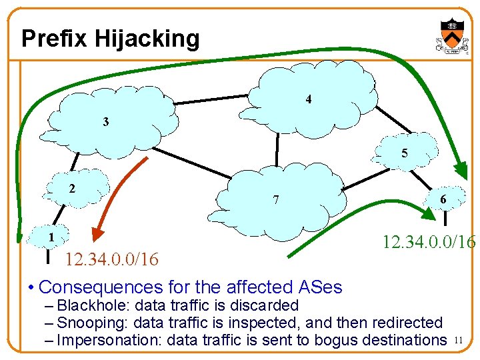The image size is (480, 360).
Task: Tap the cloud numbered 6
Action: [443, 199]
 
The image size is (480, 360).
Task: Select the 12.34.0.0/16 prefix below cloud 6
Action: [429, 241]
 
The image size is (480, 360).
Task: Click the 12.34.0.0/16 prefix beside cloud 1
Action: [111, 259]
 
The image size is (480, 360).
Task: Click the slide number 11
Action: [457, 341]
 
